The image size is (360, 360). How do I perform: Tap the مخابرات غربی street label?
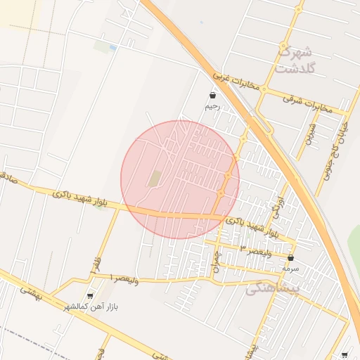[237, 82]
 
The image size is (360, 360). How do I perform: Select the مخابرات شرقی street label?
[307, 103]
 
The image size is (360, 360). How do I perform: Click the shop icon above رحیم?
[212, 95]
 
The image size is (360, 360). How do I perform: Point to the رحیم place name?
[212, 107]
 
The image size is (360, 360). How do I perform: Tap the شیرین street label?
[310, 134]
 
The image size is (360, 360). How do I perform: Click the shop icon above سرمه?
[290, 257]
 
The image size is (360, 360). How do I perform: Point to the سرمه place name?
[290, 269]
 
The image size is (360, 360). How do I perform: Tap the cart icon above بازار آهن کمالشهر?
[89, 296]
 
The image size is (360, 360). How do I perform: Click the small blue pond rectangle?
[112, 47]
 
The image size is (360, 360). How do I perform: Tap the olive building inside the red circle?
[154, 179]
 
